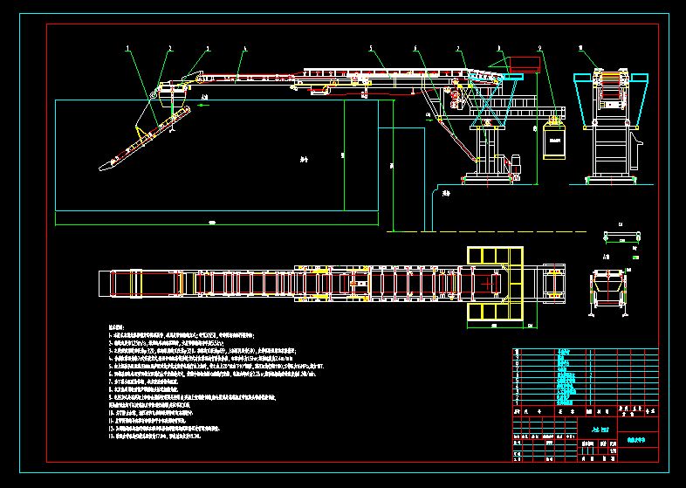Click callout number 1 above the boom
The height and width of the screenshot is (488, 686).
(128, 47)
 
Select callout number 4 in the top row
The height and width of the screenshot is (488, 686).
(245, 47)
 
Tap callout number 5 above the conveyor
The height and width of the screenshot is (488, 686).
(371, 47)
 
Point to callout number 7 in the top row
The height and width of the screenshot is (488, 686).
(458, 47)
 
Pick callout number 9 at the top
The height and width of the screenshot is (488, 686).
(540, 47)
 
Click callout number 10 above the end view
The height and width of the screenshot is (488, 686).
(580, 47)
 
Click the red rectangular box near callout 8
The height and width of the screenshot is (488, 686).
(522, 63)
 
